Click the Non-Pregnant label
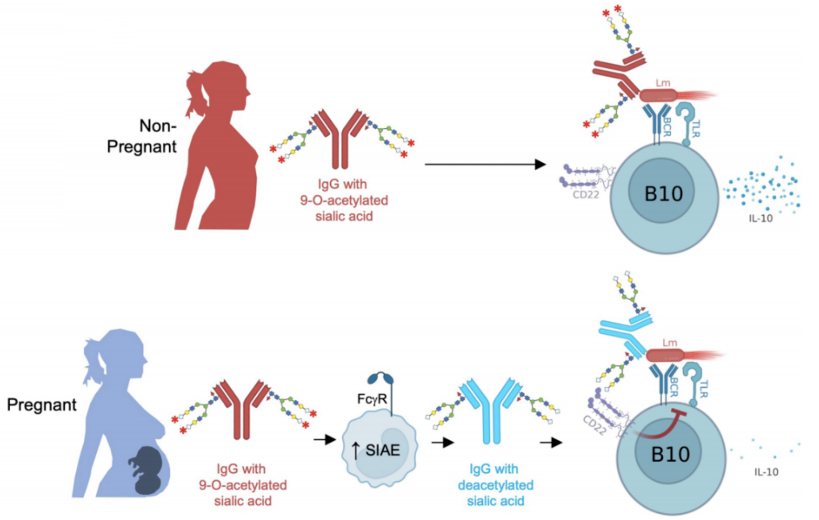(x=142, y=136)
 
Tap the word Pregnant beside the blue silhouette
(x=42, y=405)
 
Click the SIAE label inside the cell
(x=382, y=451)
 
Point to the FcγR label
(x=372, y=399)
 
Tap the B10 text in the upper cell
(x=663, y=194)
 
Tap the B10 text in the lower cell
(x=670, y=454)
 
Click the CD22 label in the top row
(x=586, y=195)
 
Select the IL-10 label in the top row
(x=761, y=219)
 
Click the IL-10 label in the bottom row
(x=766, y=472)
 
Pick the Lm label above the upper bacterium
(x=662, y=83)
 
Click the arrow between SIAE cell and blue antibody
(x=442, y=443)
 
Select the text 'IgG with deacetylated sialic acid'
(x=495, y=485)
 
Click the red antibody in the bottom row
(x=242, y=408)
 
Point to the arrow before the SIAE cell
(x=324, y=440)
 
